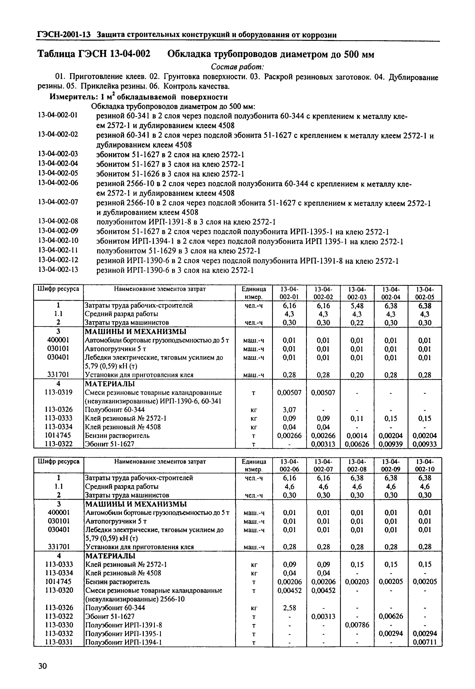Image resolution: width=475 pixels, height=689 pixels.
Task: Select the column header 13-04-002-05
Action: pyautogui.click(x=425, y=293)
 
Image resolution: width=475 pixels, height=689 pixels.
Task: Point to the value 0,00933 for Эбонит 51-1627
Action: pyautogui.click(x=425, y=444)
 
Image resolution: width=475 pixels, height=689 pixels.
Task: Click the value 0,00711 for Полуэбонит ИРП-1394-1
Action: pyautogui.click(x=425, y=642)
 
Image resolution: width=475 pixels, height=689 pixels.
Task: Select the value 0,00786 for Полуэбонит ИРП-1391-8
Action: pyautogui.click(x=357, y=625)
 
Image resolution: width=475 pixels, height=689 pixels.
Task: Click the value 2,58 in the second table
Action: pyautogui.click(x=289, y=608)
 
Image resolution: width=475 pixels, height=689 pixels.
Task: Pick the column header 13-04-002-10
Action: pyautogui.click(x=425, y=465)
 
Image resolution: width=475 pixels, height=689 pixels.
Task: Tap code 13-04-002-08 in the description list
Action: pyautogui.click(x=58, y=221)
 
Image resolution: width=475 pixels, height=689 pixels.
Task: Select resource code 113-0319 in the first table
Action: pyautogui.click(x=58, y=393)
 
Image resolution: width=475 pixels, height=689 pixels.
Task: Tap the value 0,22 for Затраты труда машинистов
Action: pyautogui.click(x=357, y=323)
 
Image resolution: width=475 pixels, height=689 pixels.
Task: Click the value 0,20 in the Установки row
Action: pyautogui.click(x=357, y=375)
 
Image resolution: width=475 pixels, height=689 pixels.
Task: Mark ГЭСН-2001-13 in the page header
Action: pyautogui.click(x=64, y=35)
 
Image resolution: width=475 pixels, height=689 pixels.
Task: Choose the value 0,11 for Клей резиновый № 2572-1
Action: pyautogui.click(x=357, y=419)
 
